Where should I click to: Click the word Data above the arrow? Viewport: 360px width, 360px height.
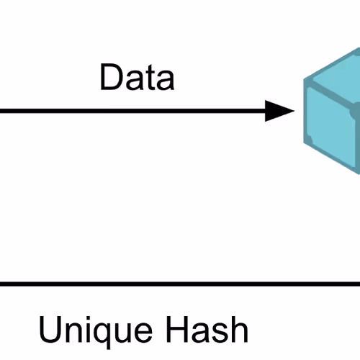[x=137, y=77]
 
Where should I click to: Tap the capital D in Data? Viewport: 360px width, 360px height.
[x=112, y=77]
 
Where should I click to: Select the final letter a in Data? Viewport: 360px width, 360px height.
[x=166, y=81]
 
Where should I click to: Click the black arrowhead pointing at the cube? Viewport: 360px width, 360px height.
[x=279, y=111]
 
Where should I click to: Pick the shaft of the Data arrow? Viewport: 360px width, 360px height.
[x=132, y=111]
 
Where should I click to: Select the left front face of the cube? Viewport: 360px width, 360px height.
[x=330, y=127]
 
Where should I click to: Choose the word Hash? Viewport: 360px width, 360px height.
[x=207, y=329]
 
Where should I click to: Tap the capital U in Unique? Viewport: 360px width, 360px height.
[x=50, y=330]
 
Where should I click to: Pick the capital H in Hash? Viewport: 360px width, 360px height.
[x=177, y=329]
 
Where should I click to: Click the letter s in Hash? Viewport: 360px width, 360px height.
[x=221, y=333]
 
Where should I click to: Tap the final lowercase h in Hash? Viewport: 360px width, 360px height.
[x=240, y=329]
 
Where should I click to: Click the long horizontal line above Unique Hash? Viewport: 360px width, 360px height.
[x=180, y=284]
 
